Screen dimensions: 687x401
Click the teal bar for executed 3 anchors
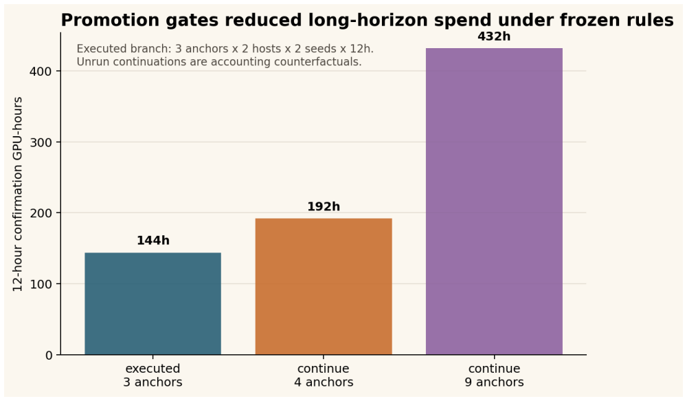pos(153,303)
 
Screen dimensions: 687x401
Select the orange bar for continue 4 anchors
pos(324,287)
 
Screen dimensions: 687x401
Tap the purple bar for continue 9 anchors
pos(494,202)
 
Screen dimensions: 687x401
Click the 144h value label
pos(153,241)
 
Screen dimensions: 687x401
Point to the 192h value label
pos(324,206)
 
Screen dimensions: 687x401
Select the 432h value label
pos(494,36)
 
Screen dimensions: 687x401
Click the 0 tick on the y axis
pos(49,356)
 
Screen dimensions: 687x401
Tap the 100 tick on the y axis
pos(41,284)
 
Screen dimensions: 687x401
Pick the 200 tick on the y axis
pos(41,213)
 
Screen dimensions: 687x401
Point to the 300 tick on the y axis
pos(41,142)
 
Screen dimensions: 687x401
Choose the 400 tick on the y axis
pos(41,72)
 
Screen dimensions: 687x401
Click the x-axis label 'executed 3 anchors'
pos(153,375)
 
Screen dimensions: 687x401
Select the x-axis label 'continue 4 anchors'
pos(324,375)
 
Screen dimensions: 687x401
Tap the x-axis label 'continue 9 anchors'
pos(494,375)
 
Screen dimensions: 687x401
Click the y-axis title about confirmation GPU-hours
pos(18,195)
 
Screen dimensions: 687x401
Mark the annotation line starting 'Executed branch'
pos(225,49)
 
